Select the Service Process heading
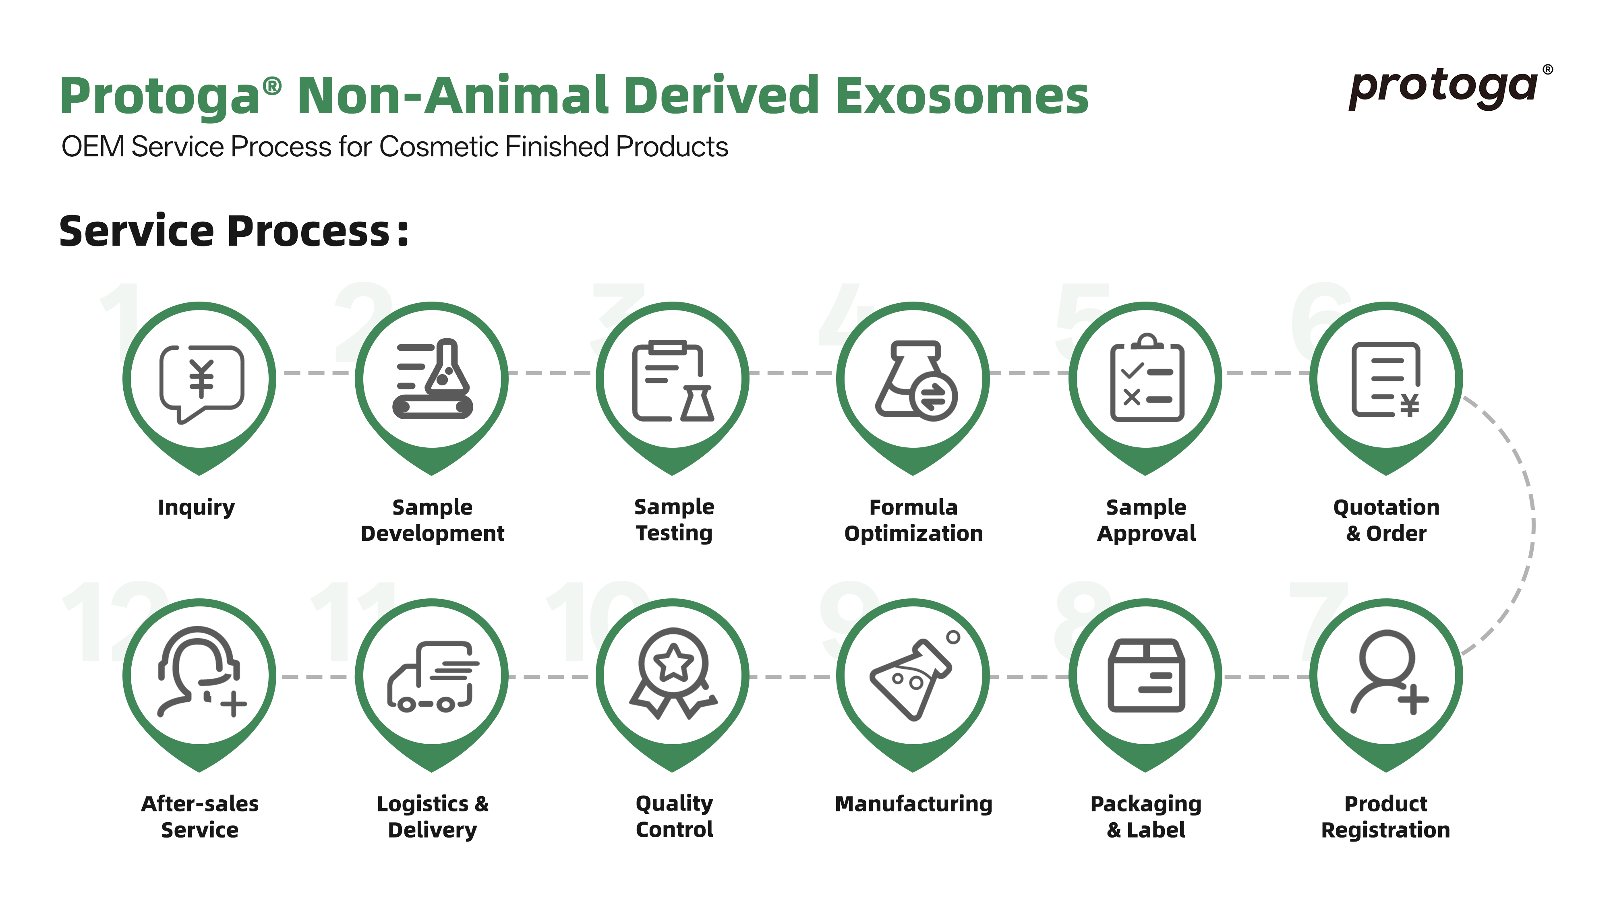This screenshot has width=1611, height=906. tap(234, 232)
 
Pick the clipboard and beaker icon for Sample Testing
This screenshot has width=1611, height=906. tap(673, 381)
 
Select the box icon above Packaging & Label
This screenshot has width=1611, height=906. tap(1146, 675)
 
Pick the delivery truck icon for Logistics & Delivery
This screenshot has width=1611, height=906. tap(433, 676)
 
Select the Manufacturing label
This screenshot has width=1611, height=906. tap(914, 804)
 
